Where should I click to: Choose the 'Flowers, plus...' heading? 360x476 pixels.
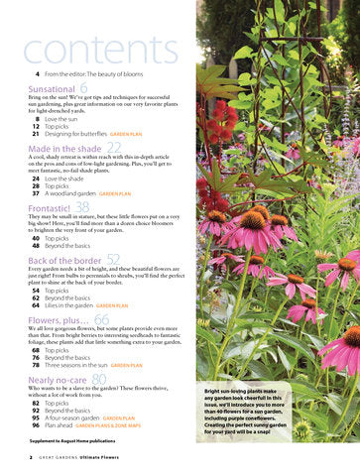(x=59, y=321)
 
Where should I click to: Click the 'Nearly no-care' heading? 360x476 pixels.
(x=59, y=380)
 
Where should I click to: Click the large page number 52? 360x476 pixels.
(x=113, y=259)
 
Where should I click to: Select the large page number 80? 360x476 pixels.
(x=98, y=379)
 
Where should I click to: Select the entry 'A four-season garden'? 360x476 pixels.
(x=71, y=418)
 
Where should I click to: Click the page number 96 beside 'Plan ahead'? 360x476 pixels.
(x=36, y=426)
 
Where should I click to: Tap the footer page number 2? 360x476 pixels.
(x=31, y=458)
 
